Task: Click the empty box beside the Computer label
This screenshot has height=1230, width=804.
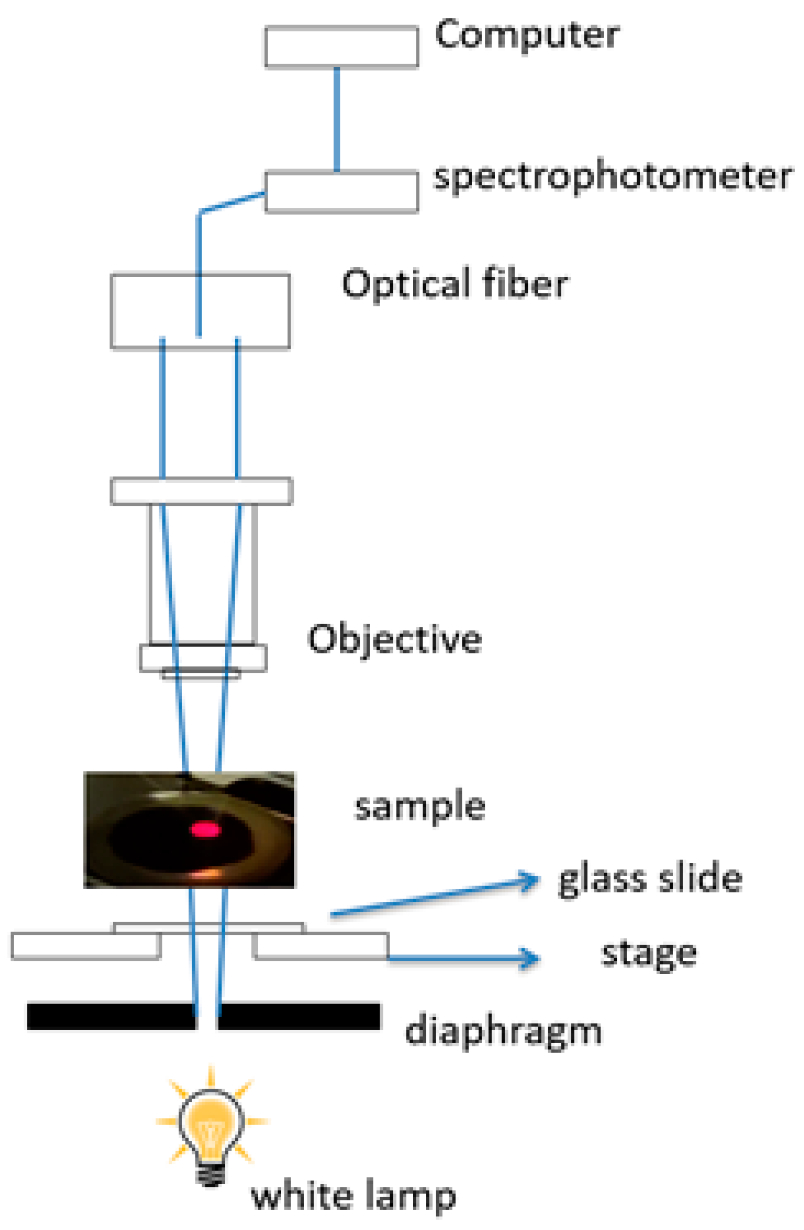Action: pyautogui.click(x=341, y=47)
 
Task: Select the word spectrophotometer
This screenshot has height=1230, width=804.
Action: pyautogui.click(x=612, y=177)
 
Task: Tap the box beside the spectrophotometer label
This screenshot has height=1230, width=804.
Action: pyautogui.click(x=341, y=192)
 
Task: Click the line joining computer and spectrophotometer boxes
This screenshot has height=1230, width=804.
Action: pyautogui.click(x=337, y=119)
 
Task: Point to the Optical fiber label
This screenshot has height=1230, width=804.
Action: pyautogui.click(x=455, y=284)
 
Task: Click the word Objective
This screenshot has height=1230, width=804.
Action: pyautogui.click(x=394, y=640)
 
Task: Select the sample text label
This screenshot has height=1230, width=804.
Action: pyautogui.click(x=420, y=807)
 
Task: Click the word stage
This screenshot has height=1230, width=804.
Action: pyautogui.click(x=649, y=953)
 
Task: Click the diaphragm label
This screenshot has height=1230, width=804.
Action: pyautogui.click(x=503, y=1031)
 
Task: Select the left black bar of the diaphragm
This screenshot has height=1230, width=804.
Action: pyautogui.click(x=111, y=1016)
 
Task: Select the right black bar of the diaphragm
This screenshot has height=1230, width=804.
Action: pyautogui.click(x=298, y=1016)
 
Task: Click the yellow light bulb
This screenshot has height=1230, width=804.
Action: pyautogui.click(x=211, y=1127)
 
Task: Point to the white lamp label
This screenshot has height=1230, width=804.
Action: pyautogui.click(x=353, y=1196)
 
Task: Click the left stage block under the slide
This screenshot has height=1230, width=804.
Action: pyautogui.click(x=85, y=946)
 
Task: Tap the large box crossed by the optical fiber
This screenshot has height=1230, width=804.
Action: pyautogui.click(x=200, y=310)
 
